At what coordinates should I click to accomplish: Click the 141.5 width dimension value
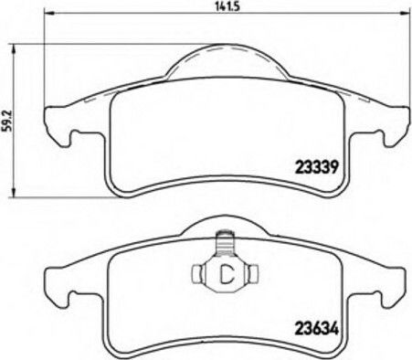[x=227, y=6]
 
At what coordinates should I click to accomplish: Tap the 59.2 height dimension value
[x=7, y=121]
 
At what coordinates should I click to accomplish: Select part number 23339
[x=317, y=167]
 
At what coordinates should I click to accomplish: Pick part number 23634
[x=317, y=329]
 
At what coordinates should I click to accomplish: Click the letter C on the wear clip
[x=227, y=273]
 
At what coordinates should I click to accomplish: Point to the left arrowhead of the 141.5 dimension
[x=48, y=13]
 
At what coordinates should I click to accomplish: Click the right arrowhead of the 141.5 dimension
[x=404, y=13]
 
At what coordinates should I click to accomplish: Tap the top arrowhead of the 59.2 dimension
[x=13, y=48]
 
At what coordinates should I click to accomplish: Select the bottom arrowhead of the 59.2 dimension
[x=13, y=192]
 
